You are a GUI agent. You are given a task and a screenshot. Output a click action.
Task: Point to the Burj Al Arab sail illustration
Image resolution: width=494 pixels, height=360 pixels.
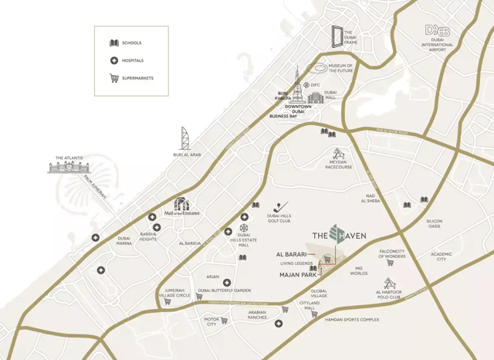[185, 138]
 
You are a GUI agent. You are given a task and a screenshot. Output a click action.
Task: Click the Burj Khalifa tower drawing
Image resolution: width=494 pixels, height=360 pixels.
[296, 84]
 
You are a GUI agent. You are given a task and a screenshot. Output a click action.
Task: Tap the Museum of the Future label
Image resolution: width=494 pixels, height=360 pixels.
[340, 69]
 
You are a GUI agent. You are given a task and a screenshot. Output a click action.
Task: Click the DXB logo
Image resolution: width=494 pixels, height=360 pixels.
[437, 30]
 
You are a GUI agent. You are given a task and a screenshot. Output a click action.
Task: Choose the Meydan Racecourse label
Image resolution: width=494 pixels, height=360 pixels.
[338, 165]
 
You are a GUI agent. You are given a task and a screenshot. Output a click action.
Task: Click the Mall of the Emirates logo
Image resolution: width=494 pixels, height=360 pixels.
[181, 207]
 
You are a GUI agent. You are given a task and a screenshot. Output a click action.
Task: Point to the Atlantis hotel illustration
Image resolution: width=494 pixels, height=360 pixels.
[69, 165]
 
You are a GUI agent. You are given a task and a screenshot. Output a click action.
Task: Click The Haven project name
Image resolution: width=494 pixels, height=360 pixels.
[339, 235]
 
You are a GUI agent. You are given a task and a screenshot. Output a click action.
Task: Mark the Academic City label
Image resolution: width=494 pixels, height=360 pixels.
[442, 256]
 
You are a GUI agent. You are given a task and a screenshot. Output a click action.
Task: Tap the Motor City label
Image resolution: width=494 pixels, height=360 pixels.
[211, 321]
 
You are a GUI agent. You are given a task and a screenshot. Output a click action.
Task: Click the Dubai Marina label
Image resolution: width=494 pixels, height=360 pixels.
[123, 240]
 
